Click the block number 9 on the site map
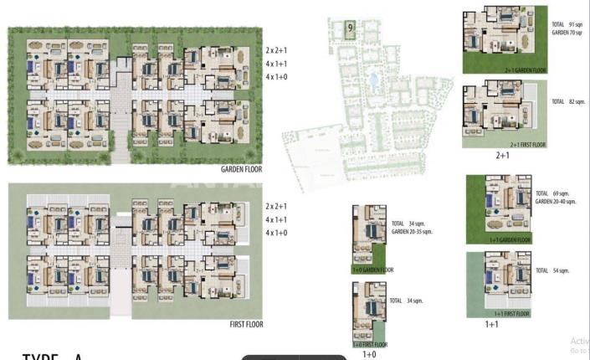point(350,28)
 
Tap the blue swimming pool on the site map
point(373,81)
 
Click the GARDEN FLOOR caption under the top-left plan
point(244,168)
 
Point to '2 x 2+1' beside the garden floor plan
point(277,50)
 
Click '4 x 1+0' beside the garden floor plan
point(277,78)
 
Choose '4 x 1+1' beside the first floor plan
point(277,219)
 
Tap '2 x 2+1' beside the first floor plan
point(277,206)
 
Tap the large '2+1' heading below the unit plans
point(503,155)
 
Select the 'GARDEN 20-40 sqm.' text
point(559,202)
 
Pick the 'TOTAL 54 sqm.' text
point(553,270)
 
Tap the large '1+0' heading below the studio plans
point(369,354)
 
